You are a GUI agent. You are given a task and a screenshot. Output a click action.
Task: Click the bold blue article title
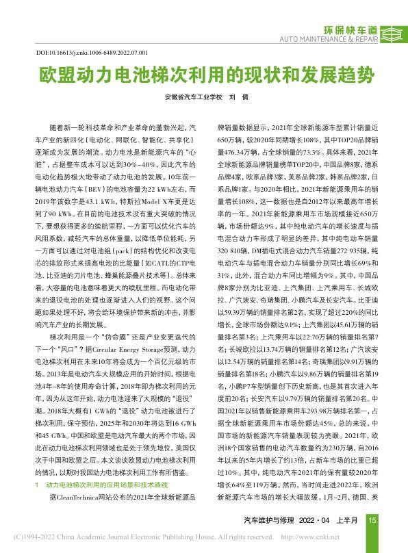(204, 75)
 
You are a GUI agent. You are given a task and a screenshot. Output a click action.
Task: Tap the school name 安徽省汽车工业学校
(194, 97)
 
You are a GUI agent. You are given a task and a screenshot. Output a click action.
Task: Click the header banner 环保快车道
(352, 30)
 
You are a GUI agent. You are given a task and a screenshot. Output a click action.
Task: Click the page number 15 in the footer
(372, 519)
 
